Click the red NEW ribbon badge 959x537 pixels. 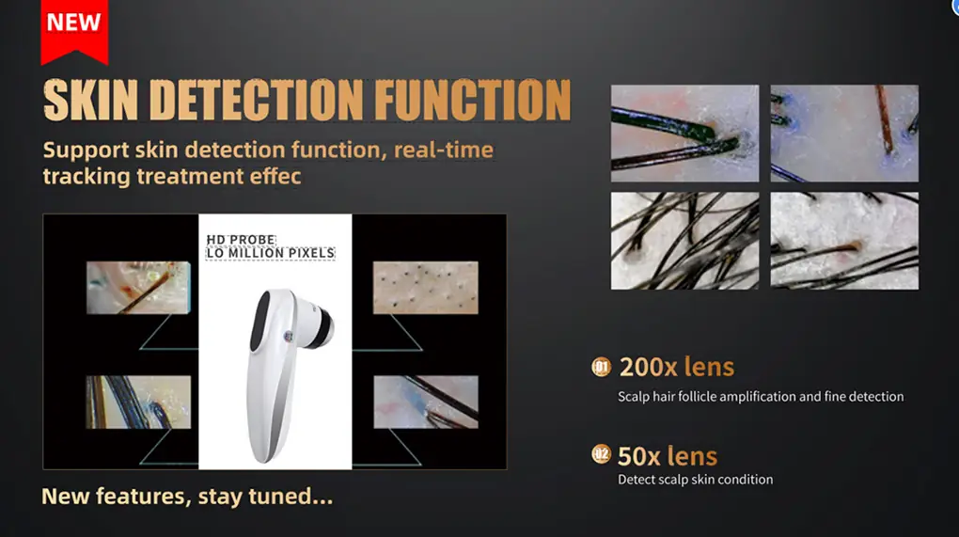[x=74, y=31]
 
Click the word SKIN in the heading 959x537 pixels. [x=90, y=100]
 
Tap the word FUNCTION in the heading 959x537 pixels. [x=472, y=100]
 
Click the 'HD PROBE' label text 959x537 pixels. [x=241, y=240]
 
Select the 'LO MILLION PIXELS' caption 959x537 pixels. [x=271, y=253]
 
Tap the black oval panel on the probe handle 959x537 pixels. [x=260, y=321]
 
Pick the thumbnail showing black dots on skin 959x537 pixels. [x=426, y=288]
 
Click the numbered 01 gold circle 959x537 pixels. [x=601, y=367]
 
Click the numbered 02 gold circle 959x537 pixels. [x=601, y=454]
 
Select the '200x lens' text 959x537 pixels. [x=676, y=367]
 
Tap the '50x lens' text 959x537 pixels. [x=668, y=456]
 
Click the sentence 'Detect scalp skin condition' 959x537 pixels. [x=696, y=480]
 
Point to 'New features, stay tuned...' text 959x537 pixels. [x=187, y=496]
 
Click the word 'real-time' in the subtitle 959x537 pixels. [x=444, y=150]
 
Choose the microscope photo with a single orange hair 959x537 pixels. [x=844, y=134]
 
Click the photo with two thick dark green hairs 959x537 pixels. [x=685, y=134]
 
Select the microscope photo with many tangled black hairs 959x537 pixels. [x=685, y=241]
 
